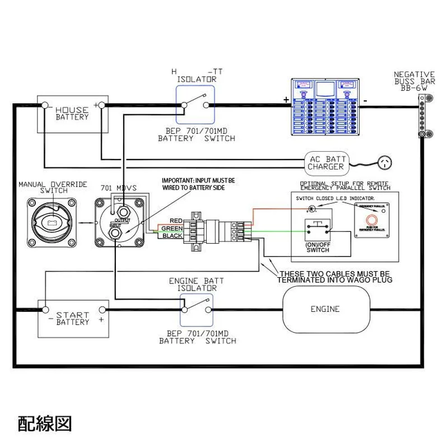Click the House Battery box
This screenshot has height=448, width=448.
click(72, 114)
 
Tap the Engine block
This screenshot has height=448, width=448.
click(325, 309)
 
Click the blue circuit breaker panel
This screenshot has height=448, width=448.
click(325, 106)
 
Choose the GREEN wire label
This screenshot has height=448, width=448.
click(172, 228)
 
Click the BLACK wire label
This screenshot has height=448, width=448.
click(172, 236)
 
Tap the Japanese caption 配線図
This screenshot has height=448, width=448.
click(45, 423)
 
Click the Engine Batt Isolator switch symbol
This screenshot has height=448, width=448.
click(197, 309)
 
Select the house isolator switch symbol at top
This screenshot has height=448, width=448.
click(195, 105)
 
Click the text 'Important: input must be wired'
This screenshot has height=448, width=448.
click(198, 184)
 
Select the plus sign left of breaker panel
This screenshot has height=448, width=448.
click(287, 100)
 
